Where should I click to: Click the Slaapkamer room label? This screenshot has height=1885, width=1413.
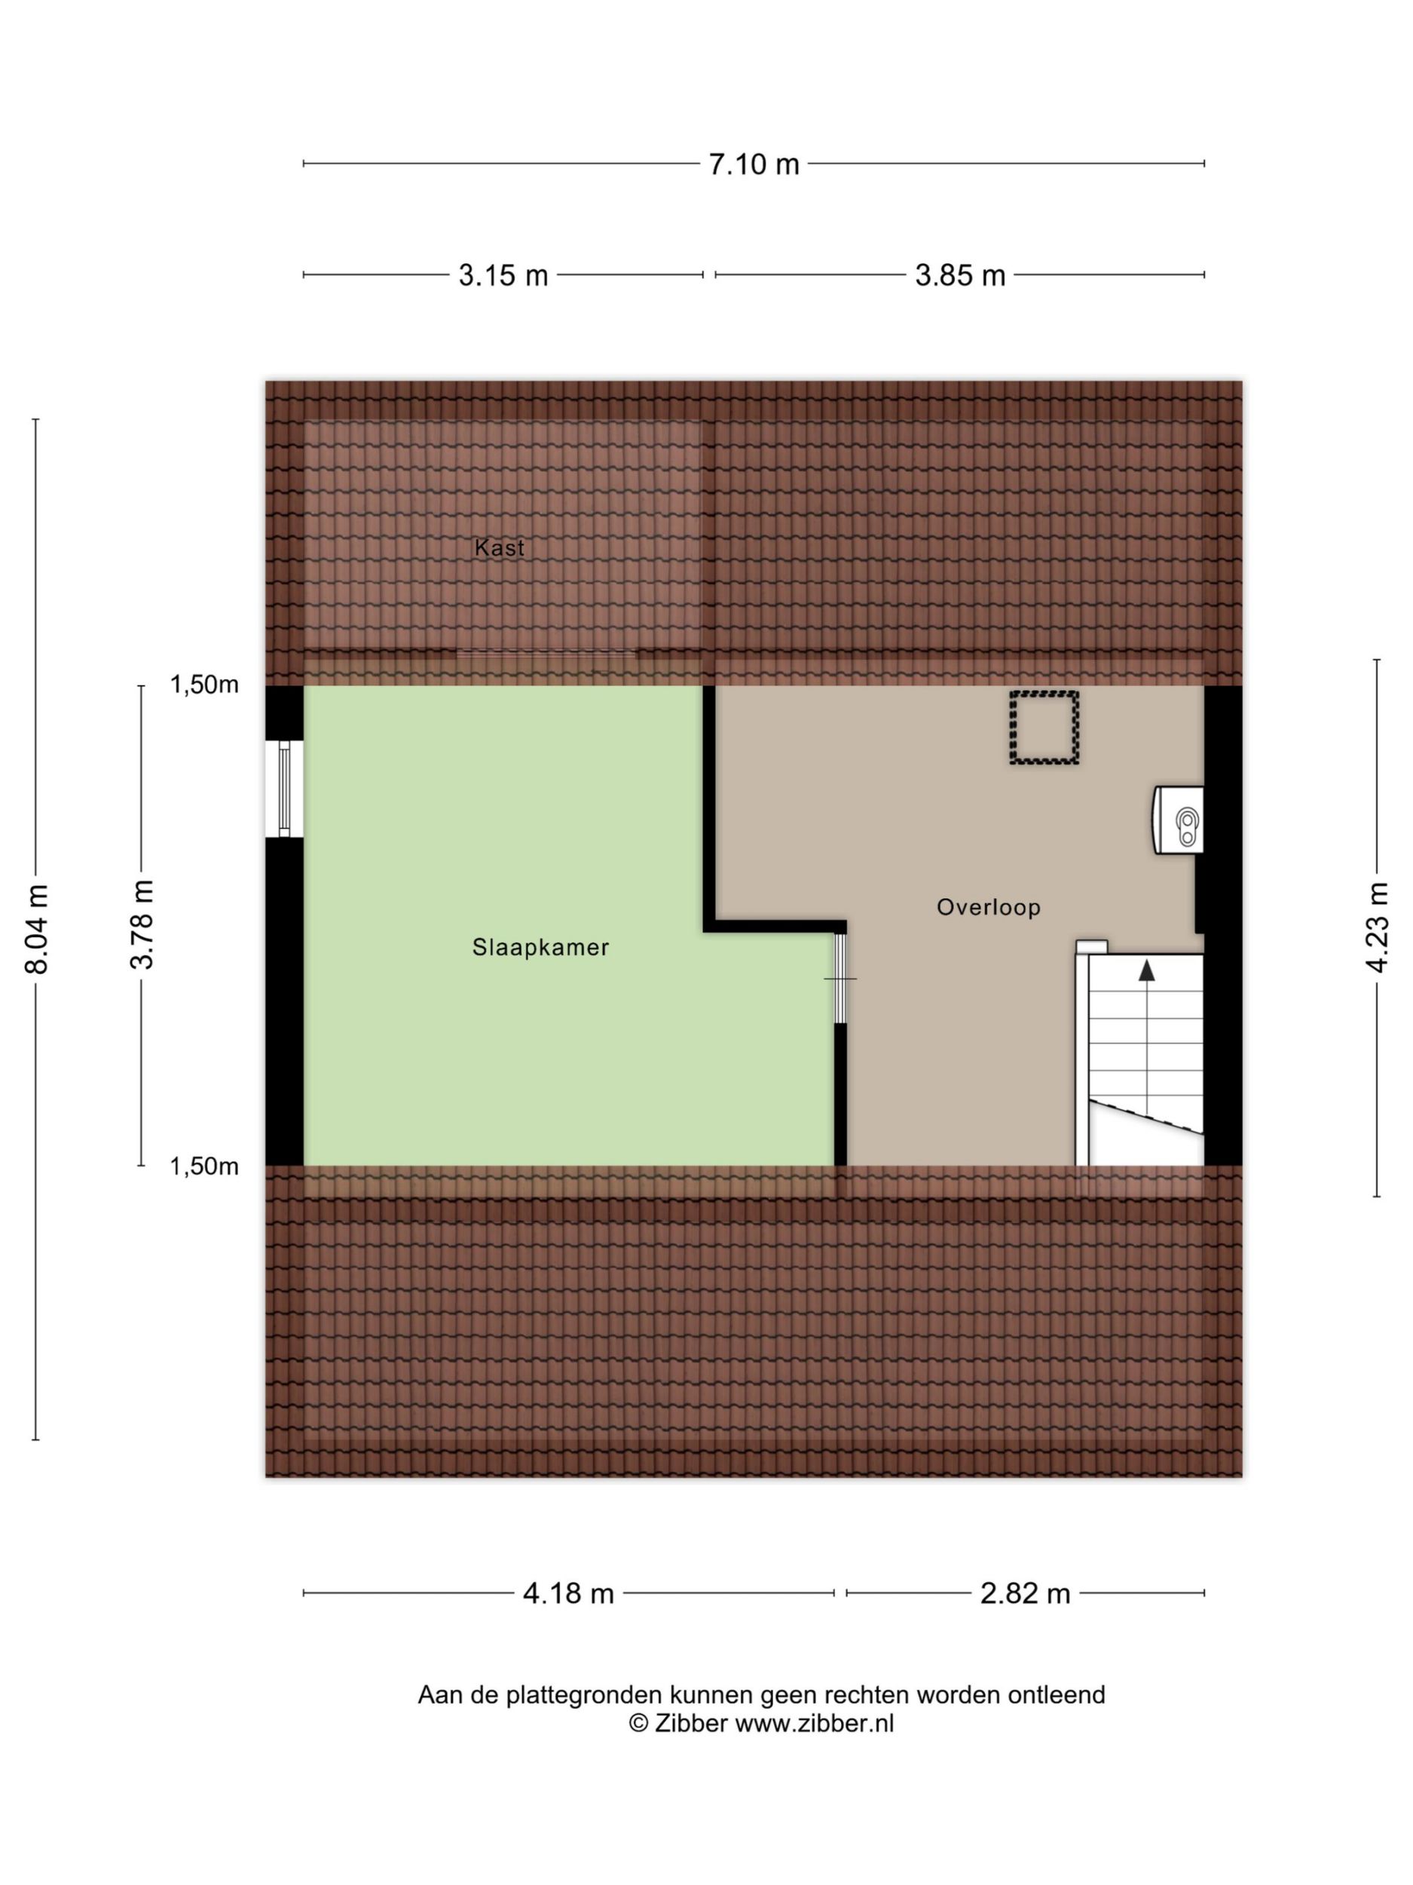point(541,947)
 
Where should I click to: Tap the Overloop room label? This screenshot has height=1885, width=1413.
point(989,907)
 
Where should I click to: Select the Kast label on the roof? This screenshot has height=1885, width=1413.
point(499,548)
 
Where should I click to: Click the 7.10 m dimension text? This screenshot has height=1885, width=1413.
point(754,164)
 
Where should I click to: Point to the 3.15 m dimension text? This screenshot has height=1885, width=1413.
point(503,275)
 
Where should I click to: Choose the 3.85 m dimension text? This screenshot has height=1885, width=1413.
point(960,275)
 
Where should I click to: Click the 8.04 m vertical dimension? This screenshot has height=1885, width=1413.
point(37,929)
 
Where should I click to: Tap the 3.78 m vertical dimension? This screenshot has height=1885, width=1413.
point(143,924)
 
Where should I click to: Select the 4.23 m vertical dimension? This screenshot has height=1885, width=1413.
point(1378,927)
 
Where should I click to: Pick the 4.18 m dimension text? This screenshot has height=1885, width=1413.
point(568,1592)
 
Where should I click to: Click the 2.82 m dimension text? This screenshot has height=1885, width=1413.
point(1025,1592)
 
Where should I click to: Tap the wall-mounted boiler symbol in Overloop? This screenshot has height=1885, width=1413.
point(1179,820)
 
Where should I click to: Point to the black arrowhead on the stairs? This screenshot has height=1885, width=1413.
point(1146,970)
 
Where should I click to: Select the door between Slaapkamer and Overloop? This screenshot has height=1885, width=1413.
point(841,978)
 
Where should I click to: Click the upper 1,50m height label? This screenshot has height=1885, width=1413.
point(204,685)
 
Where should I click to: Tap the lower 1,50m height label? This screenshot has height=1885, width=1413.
point(204,1166)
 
